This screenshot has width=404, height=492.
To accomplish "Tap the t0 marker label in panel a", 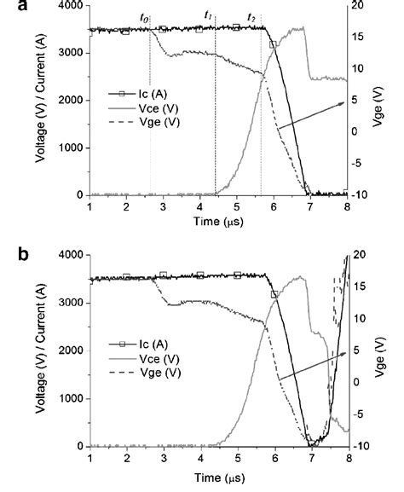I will point(144,18).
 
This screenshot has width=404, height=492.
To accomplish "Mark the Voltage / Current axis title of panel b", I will point(38,350).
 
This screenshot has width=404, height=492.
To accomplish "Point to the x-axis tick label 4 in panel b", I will point(201,457).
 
